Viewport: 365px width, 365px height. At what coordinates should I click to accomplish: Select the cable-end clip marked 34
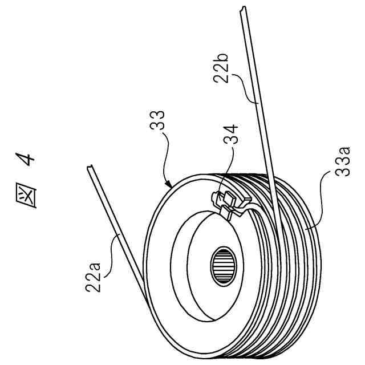(228, 204)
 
